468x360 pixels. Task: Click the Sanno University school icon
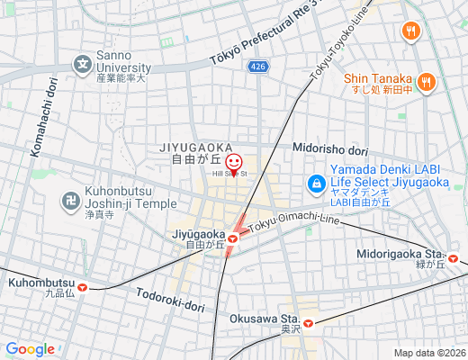[83, 64]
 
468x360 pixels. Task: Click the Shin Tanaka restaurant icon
[427, 82]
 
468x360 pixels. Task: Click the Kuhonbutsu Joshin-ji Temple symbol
[70, 200]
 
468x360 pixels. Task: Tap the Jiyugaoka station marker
[232, 238]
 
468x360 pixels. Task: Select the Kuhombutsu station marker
[83, 288]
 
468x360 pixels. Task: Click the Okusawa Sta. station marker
[308, 322]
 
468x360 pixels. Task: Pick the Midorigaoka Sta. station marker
[454, 259]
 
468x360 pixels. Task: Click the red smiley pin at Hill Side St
[234, 163]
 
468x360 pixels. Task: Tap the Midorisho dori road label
[330, 149]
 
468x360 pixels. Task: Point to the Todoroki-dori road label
[171, 300]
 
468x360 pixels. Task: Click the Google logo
[30, 349]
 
